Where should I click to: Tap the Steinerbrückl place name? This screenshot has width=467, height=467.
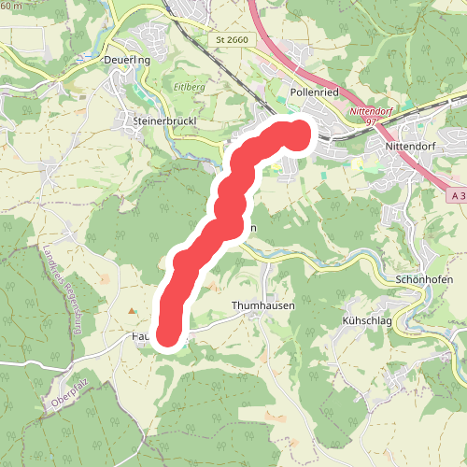pyautogui.click(x=164, y=121)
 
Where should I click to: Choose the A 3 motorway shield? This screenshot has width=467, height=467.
pyautogui.click(x=456, y=196)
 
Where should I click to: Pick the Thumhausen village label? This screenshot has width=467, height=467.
pyautogui.click(x=262, y=305)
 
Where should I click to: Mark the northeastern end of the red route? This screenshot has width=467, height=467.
pyautogui.click(x=298, y=134)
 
